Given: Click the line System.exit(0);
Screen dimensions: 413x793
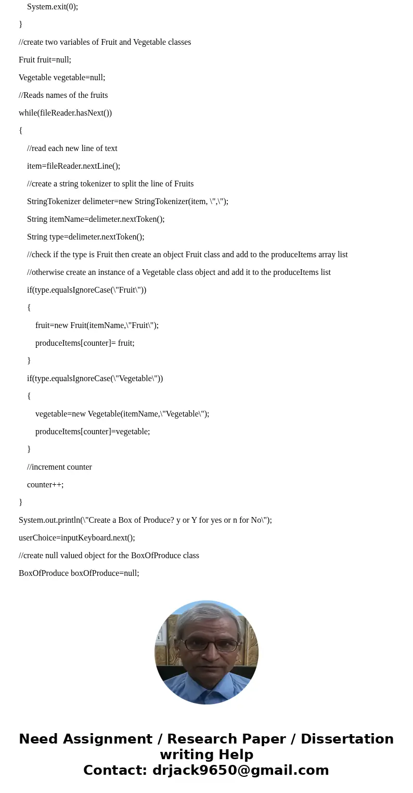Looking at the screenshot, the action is coord(53,7).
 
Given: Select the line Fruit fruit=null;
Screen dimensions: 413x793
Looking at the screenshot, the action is coord(45,60).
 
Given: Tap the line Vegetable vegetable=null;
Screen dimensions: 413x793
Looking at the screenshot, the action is coord(62,78).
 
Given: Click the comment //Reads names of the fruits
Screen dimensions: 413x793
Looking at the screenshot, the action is coord(63,95).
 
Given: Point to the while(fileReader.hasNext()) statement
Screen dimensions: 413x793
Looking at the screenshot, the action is coord(65,113).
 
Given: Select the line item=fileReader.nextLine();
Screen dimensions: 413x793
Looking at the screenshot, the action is coord(73,166).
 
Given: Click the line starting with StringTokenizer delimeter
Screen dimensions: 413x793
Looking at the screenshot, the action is coord(127,202).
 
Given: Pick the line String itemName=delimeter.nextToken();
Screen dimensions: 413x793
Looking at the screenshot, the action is coord(96,219).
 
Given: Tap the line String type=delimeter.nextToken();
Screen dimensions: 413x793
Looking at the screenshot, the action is coord(86,237).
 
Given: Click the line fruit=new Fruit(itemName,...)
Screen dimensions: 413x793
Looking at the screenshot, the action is coord(97,325).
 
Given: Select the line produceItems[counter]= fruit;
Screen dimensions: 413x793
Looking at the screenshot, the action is coord(85,343).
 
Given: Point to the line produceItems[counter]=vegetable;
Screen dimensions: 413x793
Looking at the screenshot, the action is coord(93,432).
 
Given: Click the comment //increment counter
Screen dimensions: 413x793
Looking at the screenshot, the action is coord(59,467).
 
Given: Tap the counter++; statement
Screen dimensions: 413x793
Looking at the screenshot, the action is coord(45,485).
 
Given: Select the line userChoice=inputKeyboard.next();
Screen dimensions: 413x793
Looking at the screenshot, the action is coord(76,538).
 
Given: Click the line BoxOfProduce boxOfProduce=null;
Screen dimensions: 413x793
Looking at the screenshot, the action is coord(79,573).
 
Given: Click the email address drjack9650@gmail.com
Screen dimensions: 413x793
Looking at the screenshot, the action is coord(240,770).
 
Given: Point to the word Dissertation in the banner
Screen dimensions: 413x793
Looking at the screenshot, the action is coord(347,739).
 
